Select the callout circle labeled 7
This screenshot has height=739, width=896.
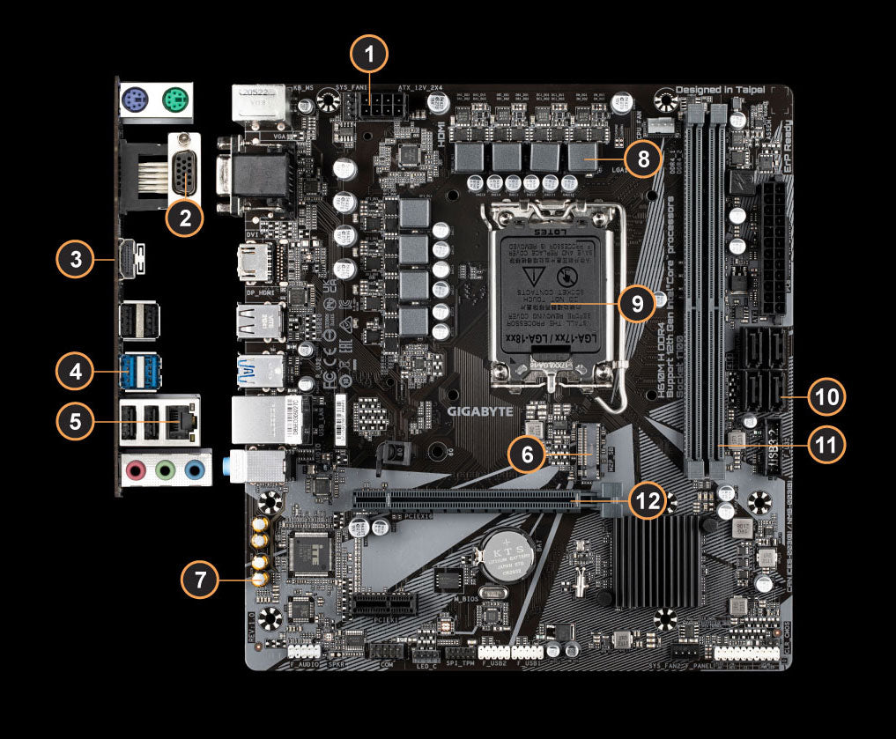click(x=202, y=580)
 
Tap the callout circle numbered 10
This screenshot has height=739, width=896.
click(x=826, y=396)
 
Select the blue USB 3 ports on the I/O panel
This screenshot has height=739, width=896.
click(x=142, y=370)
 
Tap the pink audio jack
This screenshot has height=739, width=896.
click(x=135, y=471)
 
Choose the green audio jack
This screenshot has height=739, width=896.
click(x=163, y=471)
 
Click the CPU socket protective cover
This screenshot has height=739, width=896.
click(x=546, y=295)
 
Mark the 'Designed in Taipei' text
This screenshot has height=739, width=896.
click(x=720, y=90)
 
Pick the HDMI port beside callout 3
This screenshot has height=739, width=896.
click(x=130, y=260)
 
